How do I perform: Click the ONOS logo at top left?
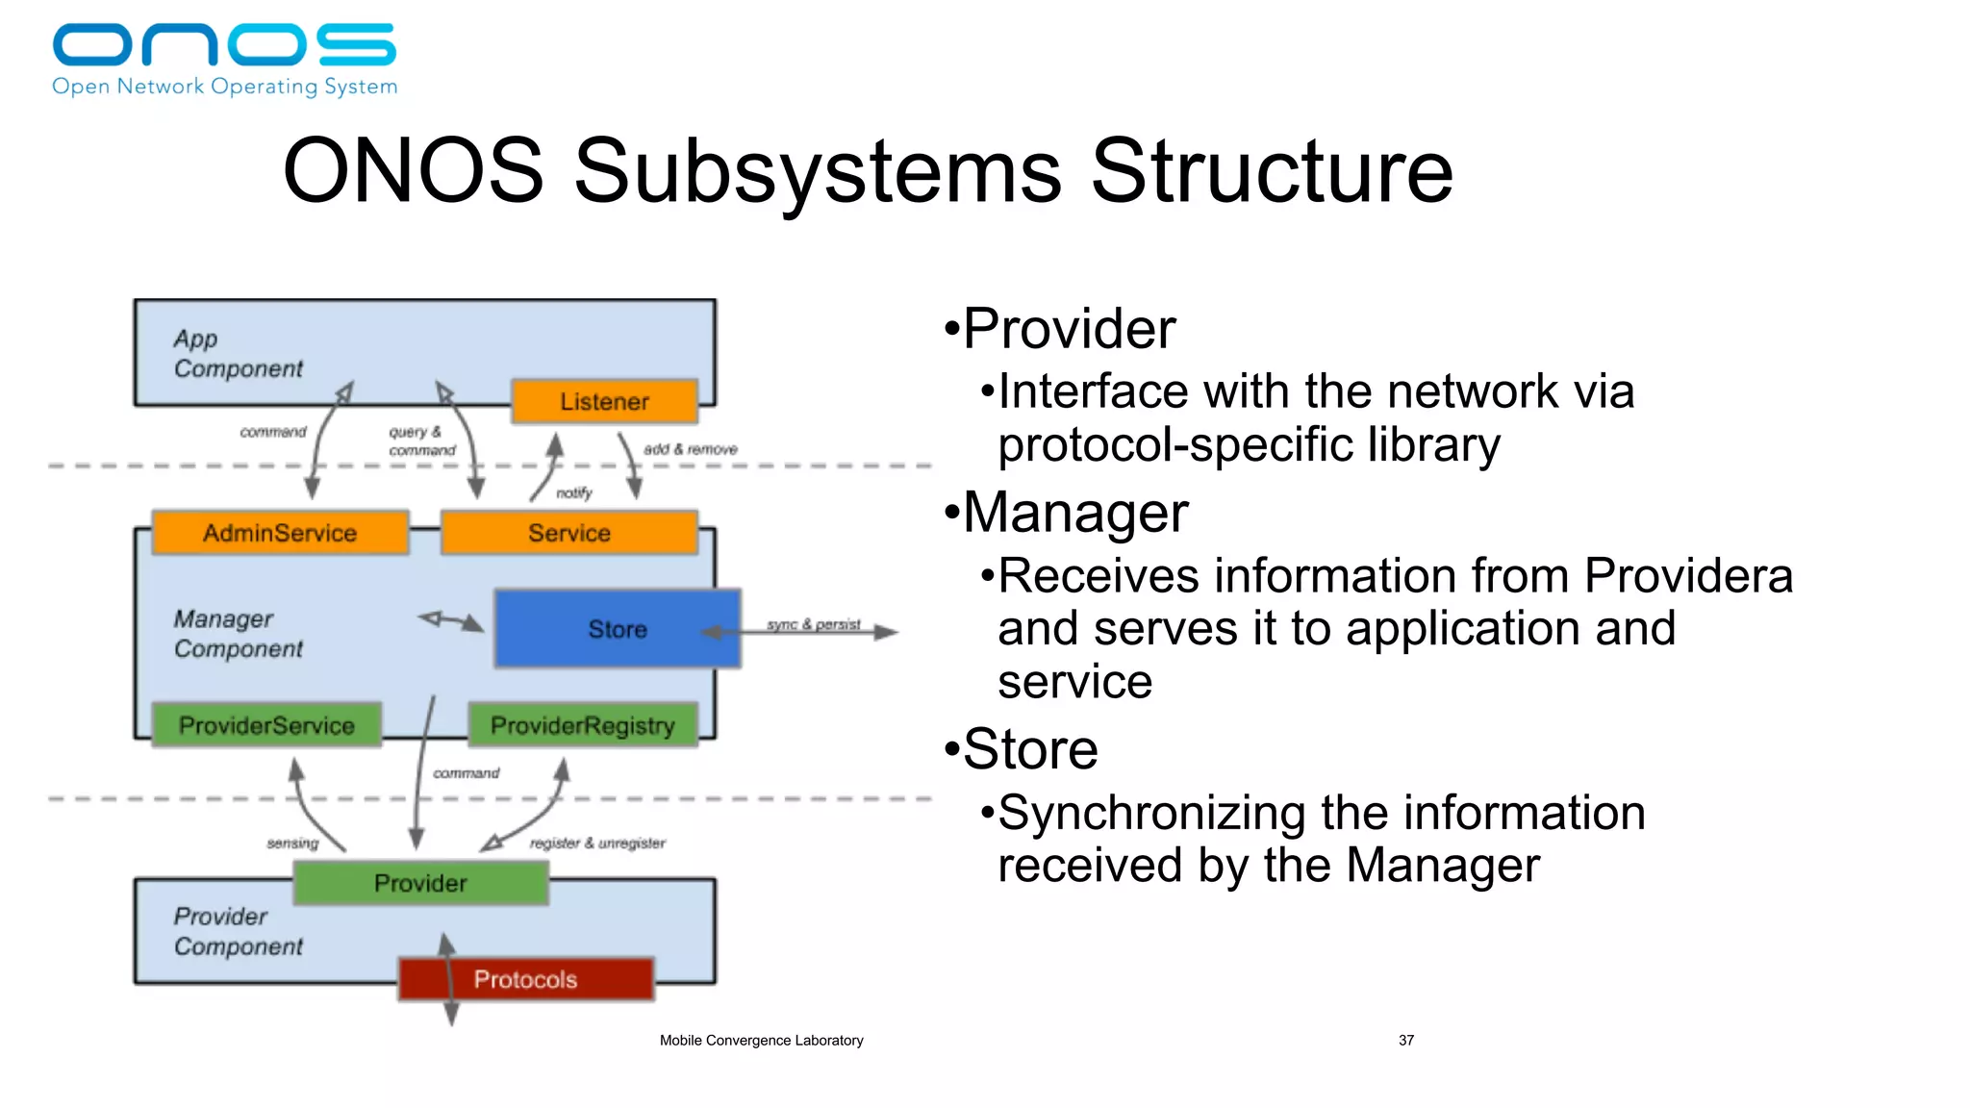click(x=224, y=58)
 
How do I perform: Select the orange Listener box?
click(x=604, y=401)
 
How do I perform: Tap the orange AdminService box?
click(x=280, y=533)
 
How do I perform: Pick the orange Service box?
click(x=569, y=533)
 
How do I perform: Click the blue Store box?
click(x=617, y=629)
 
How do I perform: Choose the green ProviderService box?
click(x=266, y=725)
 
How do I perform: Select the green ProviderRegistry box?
click(x=583, y=725)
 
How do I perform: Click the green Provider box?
click(x=420, y=883)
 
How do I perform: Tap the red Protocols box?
click(x=525, y=979)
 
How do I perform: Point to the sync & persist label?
click(x=813, y=624)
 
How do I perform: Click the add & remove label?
click(x=690, y=449)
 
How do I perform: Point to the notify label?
click(x=574, y=492)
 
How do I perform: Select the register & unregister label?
click(x=597, y=843)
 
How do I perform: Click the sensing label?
click(x=292, y=843)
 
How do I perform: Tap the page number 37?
click(x=1405, y=1040)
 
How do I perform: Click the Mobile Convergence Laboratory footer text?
click(x=761, y=1040)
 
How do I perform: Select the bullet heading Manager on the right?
click(x=1075, y=512)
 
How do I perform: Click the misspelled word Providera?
click(x=1688, y=576)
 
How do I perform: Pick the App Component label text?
click(x=238, y=354)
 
